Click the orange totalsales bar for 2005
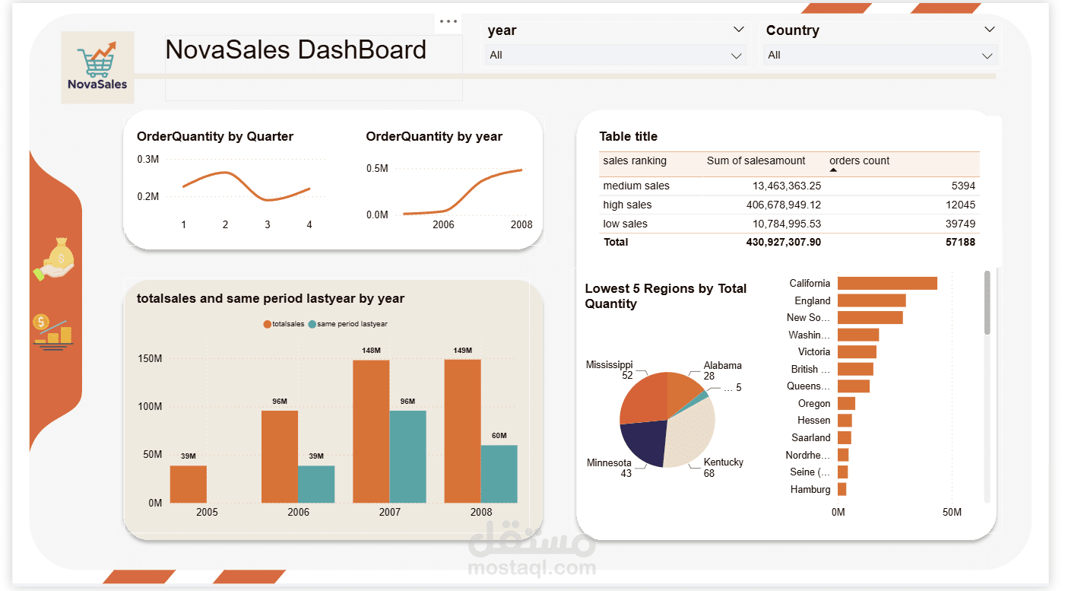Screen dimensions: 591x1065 pyautogui.click(x=189, y=484)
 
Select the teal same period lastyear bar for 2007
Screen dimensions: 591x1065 pyautogui.click(x=407, y=456)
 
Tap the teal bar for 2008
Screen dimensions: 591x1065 pyautogui.click(x=499, y=474)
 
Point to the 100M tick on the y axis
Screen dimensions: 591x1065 pyautogui.click(x=151, y=407)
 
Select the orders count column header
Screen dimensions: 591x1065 pyautogui.click(x=859, y=161)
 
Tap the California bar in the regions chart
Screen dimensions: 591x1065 pyautogui.click(x=887, y=283)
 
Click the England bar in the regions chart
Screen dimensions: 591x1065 pyautogui.click(x=871, y=300)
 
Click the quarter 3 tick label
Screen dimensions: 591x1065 pyautogui.click(x=268, y=225)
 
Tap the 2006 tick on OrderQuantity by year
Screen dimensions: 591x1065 pyautogui.click(x=443, y=225)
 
